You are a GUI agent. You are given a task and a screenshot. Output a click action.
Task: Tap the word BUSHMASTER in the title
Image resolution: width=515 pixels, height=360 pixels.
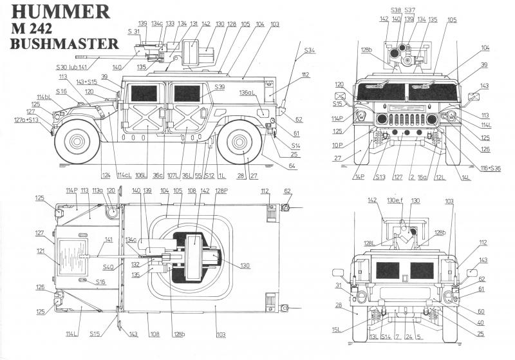65,44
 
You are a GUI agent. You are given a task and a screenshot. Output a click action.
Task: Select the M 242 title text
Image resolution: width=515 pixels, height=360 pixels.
38,28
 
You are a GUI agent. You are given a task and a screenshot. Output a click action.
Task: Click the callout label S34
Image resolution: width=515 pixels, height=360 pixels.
310,50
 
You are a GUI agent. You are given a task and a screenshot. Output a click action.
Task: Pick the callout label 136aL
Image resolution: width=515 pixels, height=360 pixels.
248,93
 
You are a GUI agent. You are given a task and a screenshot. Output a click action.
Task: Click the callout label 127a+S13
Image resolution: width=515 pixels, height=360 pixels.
27,120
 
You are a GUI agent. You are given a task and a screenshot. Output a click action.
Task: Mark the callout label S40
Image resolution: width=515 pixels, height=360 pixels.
108,267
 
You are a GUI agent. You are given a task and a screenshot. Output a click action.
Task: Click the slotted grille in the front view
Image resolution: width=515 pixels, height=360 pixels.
406,119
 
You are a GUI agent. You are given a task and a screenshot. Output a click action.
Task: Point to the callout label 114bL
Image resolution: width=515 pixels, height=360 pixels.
43,97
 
